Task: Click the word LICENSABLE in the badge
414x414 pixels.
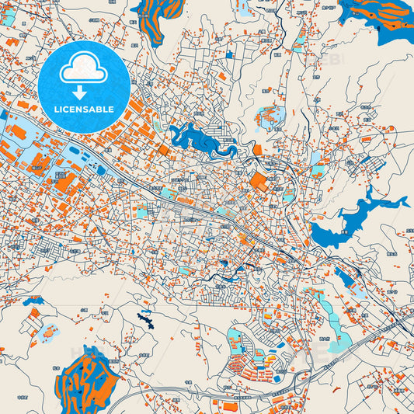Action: pyautogui.click(x=83, y=109)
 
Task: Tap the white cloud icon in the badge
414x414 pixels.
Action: pyautogui.click(x=83, y=70)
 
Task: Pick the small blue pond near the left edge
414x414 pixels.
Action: pyautogui.click(x=33, y=300)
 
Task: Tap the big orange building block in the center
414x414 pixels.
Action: pyautogui.click(x=258, y=182)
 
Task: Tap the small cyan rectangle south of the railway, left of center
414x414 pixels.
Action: pyautogui.click(x=143, y=210)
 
